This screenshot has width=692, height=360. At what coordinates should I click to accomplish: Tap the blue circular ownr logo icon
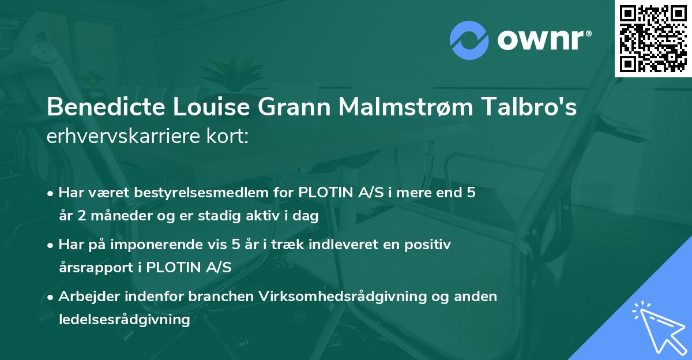(x=470, y=40)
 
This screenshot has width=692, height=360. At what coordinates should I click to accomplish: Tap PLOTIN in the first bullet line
(x=323, y=193)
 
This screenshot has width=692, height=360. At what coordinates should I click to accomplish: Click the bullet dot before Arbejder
(x=51, y=297)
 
